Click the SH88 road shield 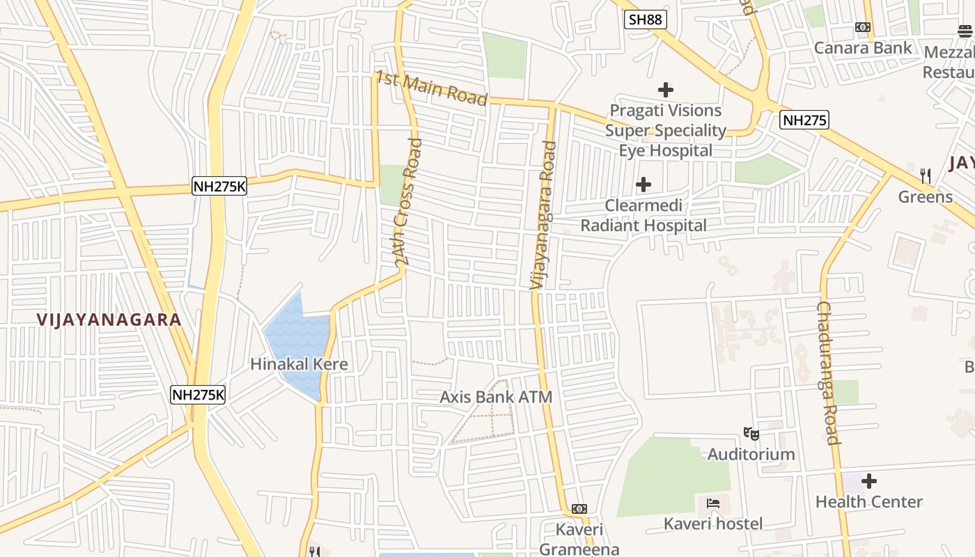tap(645, 19)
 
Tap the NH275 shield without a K tap(804, 120)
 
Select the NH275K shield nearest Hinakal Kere tap(198, 395)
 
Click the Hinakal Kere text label tap(299, 364)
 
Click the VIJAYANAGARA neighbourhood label tap(109, 320)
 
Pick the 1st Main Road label tap(431, 88)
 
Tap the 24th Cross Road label tap(408, 202)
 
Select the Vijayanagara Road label tap(543, 216)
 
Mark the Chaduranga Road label tap(828, 372)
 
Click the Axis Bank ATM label tap(496, 398)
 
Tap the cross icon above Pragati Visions tap(666, 90)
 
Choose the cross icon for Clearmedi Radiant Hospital tap(643, 185)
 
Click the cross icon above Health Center tap(869, 481)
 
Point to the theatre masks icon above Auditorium tap(751, 434)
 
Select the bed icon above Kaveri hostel tap(713, 503)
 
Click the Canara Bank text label tap(863, 48)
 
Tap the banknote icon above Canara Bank tap(863, 27)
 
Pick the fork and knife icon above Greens tap(926, 175)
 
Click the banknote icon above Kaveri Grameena tap(579, 509)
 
